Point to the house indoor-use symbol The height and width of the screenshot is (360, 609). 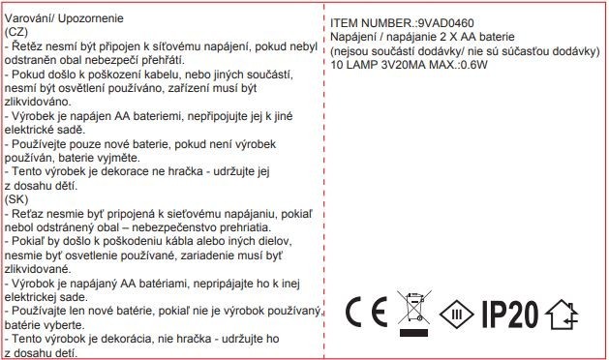pos(564,314)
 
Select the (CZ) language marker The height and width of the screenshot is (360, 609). pos(16,31)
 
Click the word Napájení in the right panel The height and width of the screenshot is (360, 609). pos(355,36)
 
